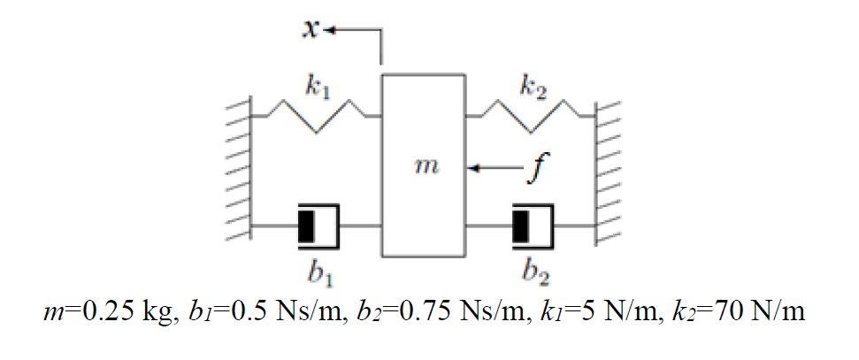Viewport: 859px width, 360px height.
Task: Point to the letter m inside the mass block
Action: (424, 167)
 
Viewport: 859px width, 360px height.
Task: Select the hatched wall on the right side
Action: (610, 168)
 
